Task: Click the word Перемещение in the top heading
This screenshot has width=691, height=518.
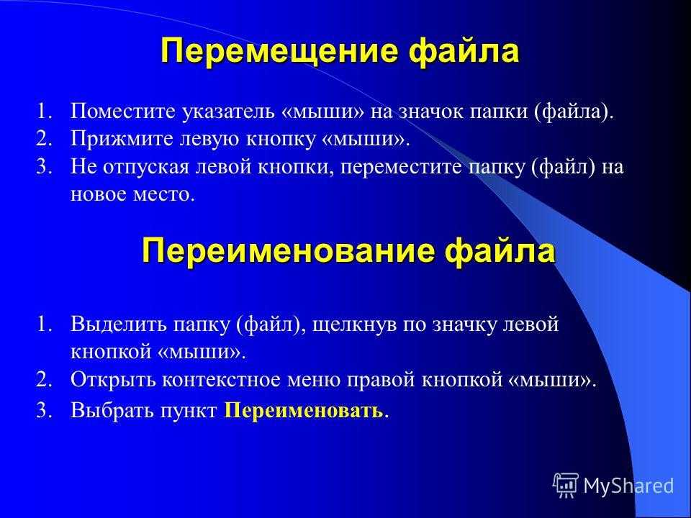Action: [279, 51]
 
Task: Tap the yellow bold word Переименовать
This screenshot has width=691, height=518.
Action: [304, 412]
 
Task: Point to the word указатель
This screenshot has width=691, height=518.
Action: [228, 112]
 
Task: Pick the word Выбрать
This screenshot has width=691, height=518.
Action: [112, 411]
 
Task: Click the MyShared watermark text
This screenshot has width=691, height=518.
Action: [629, 486]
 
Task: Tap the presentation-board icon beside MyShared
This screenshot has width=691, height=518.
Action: [566, 485]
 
